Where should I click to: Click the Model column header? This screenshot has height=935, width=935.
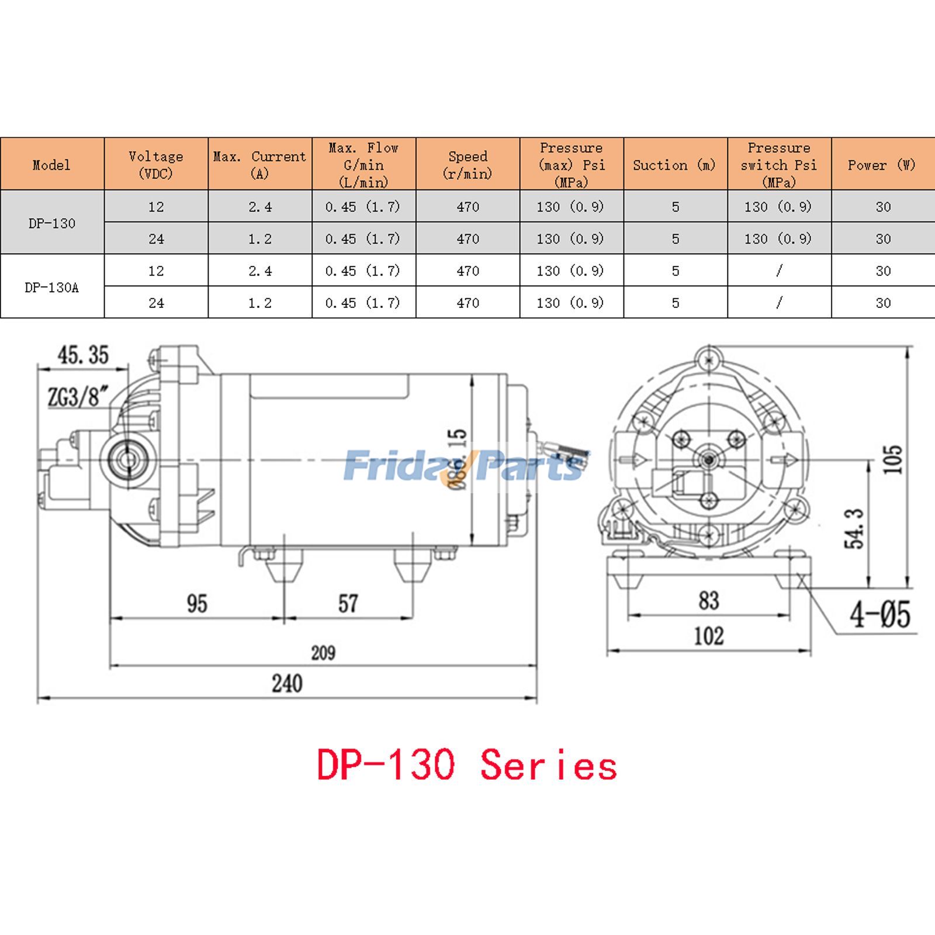51,165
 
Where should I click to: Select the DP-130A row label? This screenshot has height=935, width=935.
51,288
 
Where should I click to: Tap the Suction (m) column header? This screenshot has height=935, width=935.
674,165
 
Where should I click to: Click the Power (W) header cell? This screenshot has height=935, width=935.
882,165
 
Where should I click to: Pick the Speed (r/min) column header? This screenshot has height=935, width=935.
467,165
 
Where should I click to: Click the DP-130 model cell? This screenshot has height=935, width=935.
51,223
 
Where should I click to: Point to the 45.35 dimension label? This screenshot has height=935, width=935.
83,355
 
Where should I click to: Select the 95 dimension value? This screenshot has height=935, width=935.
197,604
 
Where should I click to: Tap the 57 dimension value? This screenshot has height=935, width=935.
348,604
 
